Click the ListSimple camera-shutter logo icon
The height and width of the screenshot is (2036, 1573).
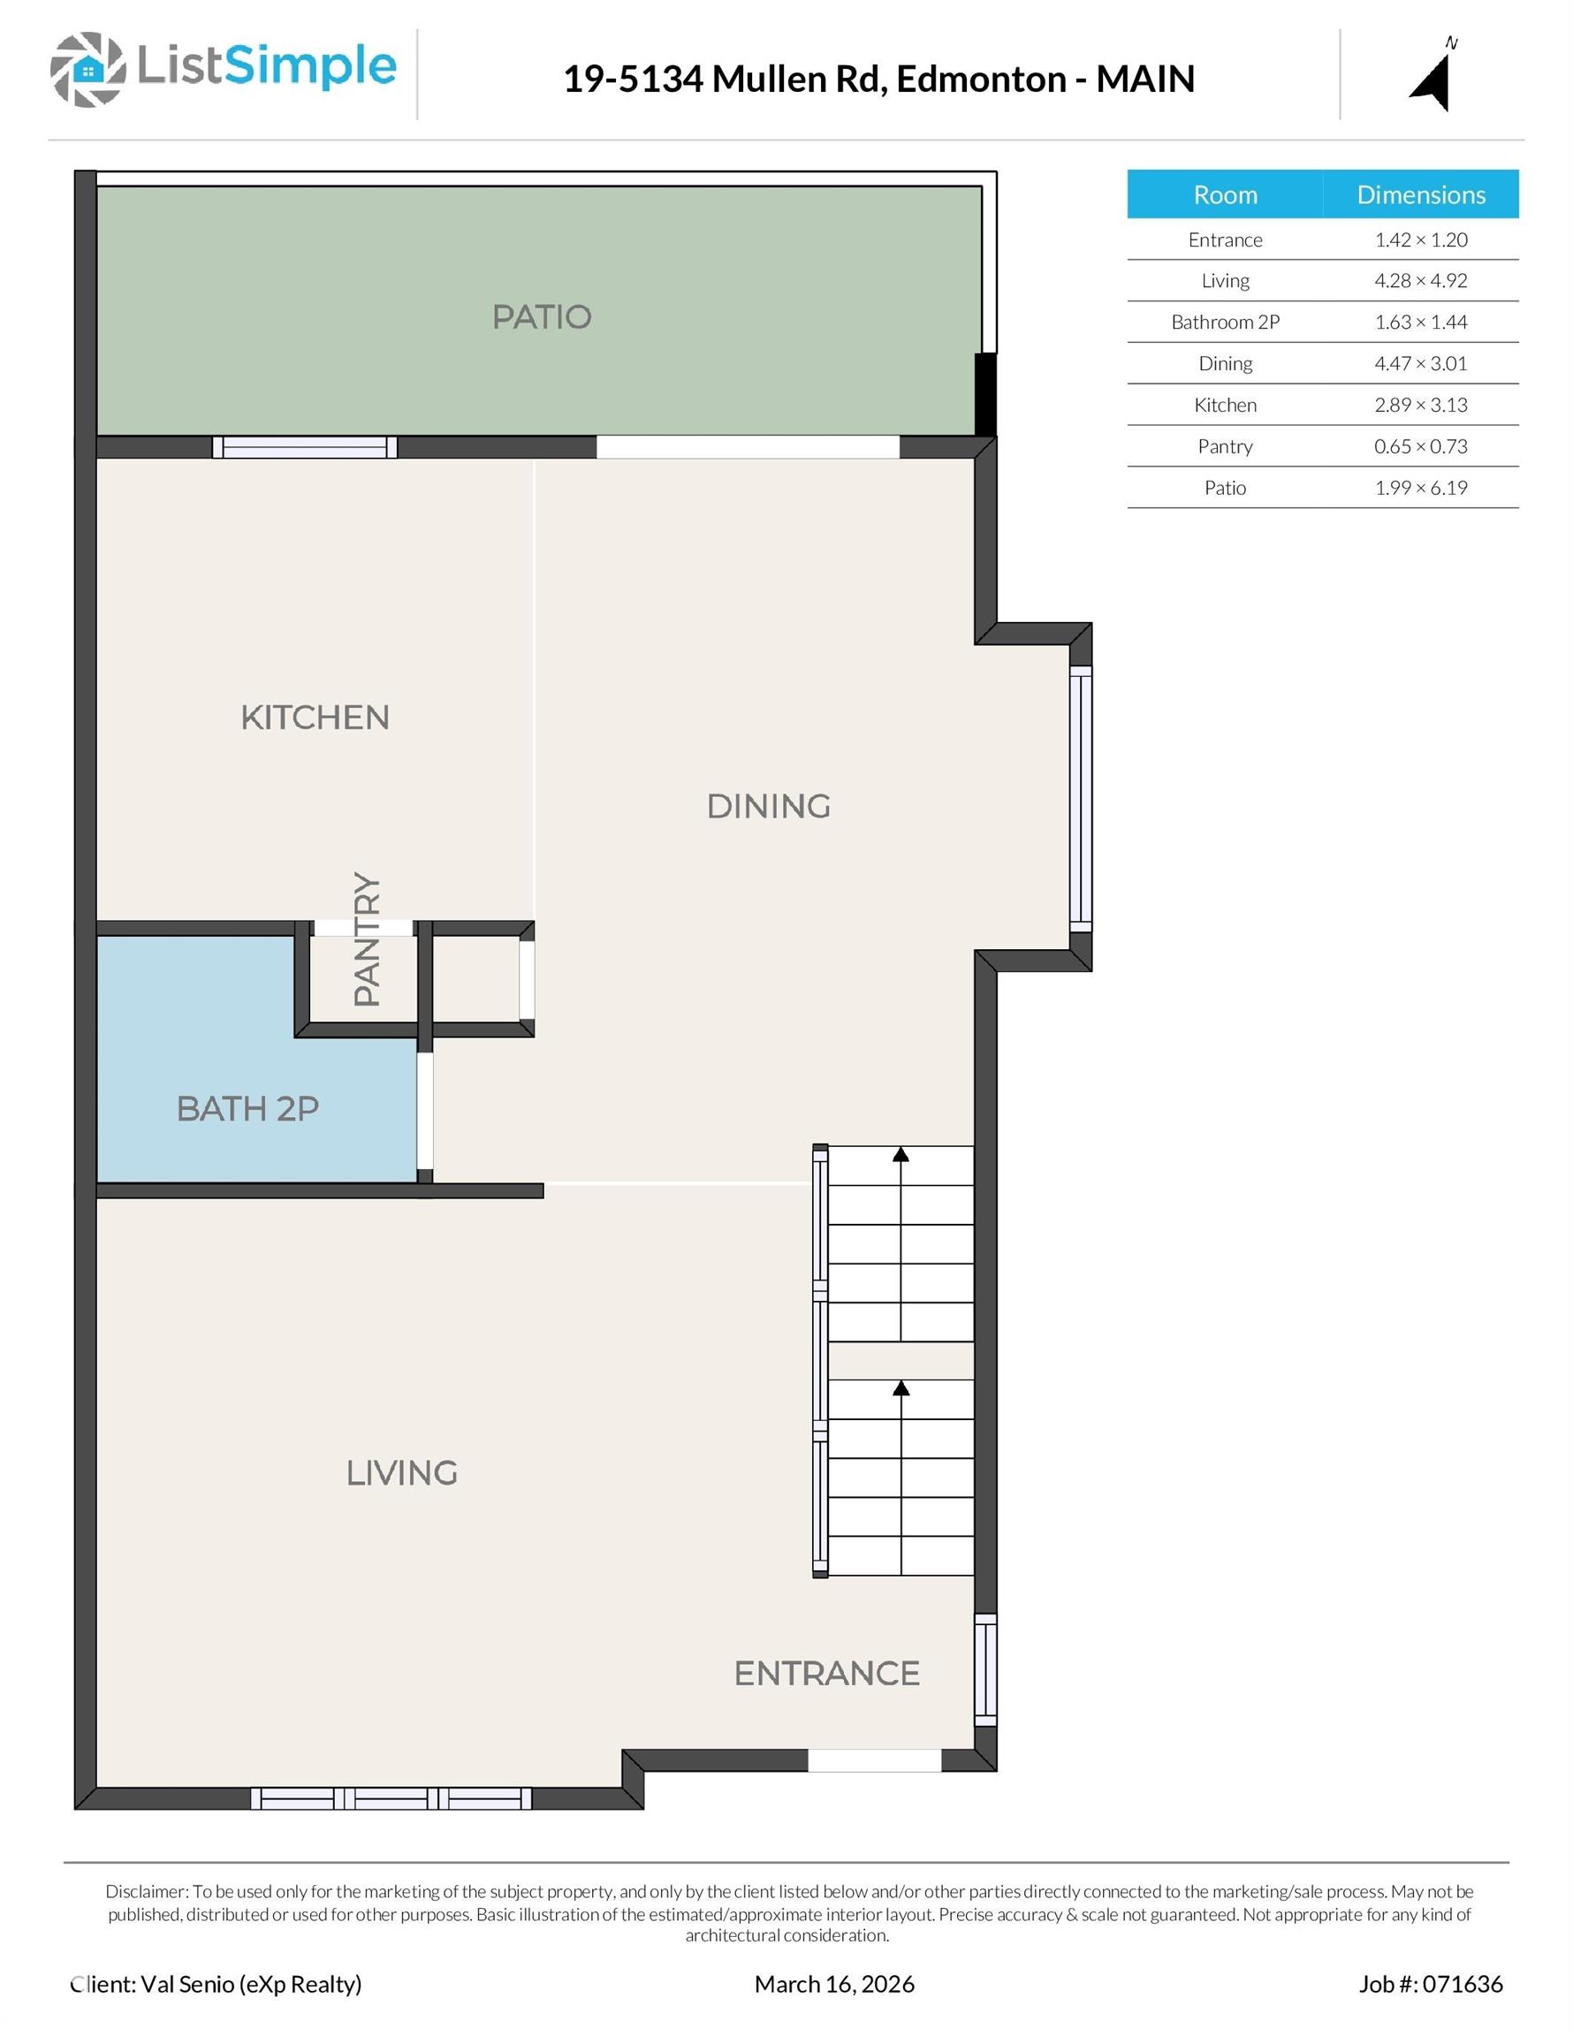87,69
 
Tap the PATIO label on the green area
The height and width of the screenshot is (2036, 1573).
542,317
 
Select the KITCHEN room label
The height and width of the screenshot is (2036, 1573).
315,717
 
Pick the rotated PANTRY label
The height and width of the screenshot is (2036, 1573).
368,938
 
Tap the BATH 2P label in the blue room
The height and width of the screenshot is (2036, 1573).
248,1108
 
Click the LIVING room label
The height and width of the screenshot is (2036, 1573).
402,1473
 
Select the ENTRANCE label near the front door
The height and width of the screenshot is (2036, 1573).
827,1674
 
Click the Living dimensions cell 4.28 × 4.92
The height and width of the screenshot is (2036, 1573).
1420,281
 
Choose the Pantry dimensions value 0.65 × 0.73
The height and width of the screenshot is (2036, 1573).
1420,446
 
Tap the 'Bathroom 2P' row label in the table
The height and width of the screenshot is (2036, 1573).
1225,323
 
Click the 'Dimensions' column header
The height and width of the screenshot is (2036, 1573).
1421,194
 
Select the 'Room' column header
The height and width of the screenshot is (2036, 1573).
1225,194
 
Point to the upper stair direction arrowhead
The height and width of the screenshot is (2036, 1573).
900,1154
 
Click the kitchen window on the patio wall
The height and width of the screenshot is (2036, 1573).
305,447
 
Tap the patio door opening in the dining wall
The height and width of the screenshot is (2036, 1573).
748,447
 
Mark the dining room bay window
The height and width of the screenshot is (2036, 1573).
1081,798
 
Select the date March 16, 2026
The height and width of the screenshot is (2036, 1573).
834,1984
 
